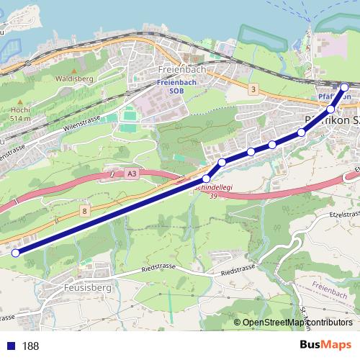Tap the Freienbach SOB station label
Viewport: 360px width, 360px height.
pos(170,87)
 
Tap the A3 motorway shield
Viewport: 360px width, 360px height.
pos(130,174)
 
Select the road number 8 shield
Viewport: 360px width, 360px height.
pos(85,211)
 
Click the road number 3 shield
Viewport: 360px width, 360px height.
pos(253,89)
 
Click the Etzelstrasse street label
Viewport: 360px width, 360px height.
pos(343,214)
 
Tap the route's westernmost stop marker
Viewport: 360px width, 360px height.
pos(15,252)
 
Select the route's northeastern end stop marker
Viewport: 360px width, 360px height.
pos(344,88)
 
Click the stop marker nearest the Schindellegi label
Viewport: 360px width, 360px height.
pos(207,178)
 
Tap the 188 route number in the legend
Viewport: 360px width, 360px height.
pos(30,346)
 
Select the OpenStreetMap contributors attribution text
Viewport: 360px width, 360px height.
pos(297,323)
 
